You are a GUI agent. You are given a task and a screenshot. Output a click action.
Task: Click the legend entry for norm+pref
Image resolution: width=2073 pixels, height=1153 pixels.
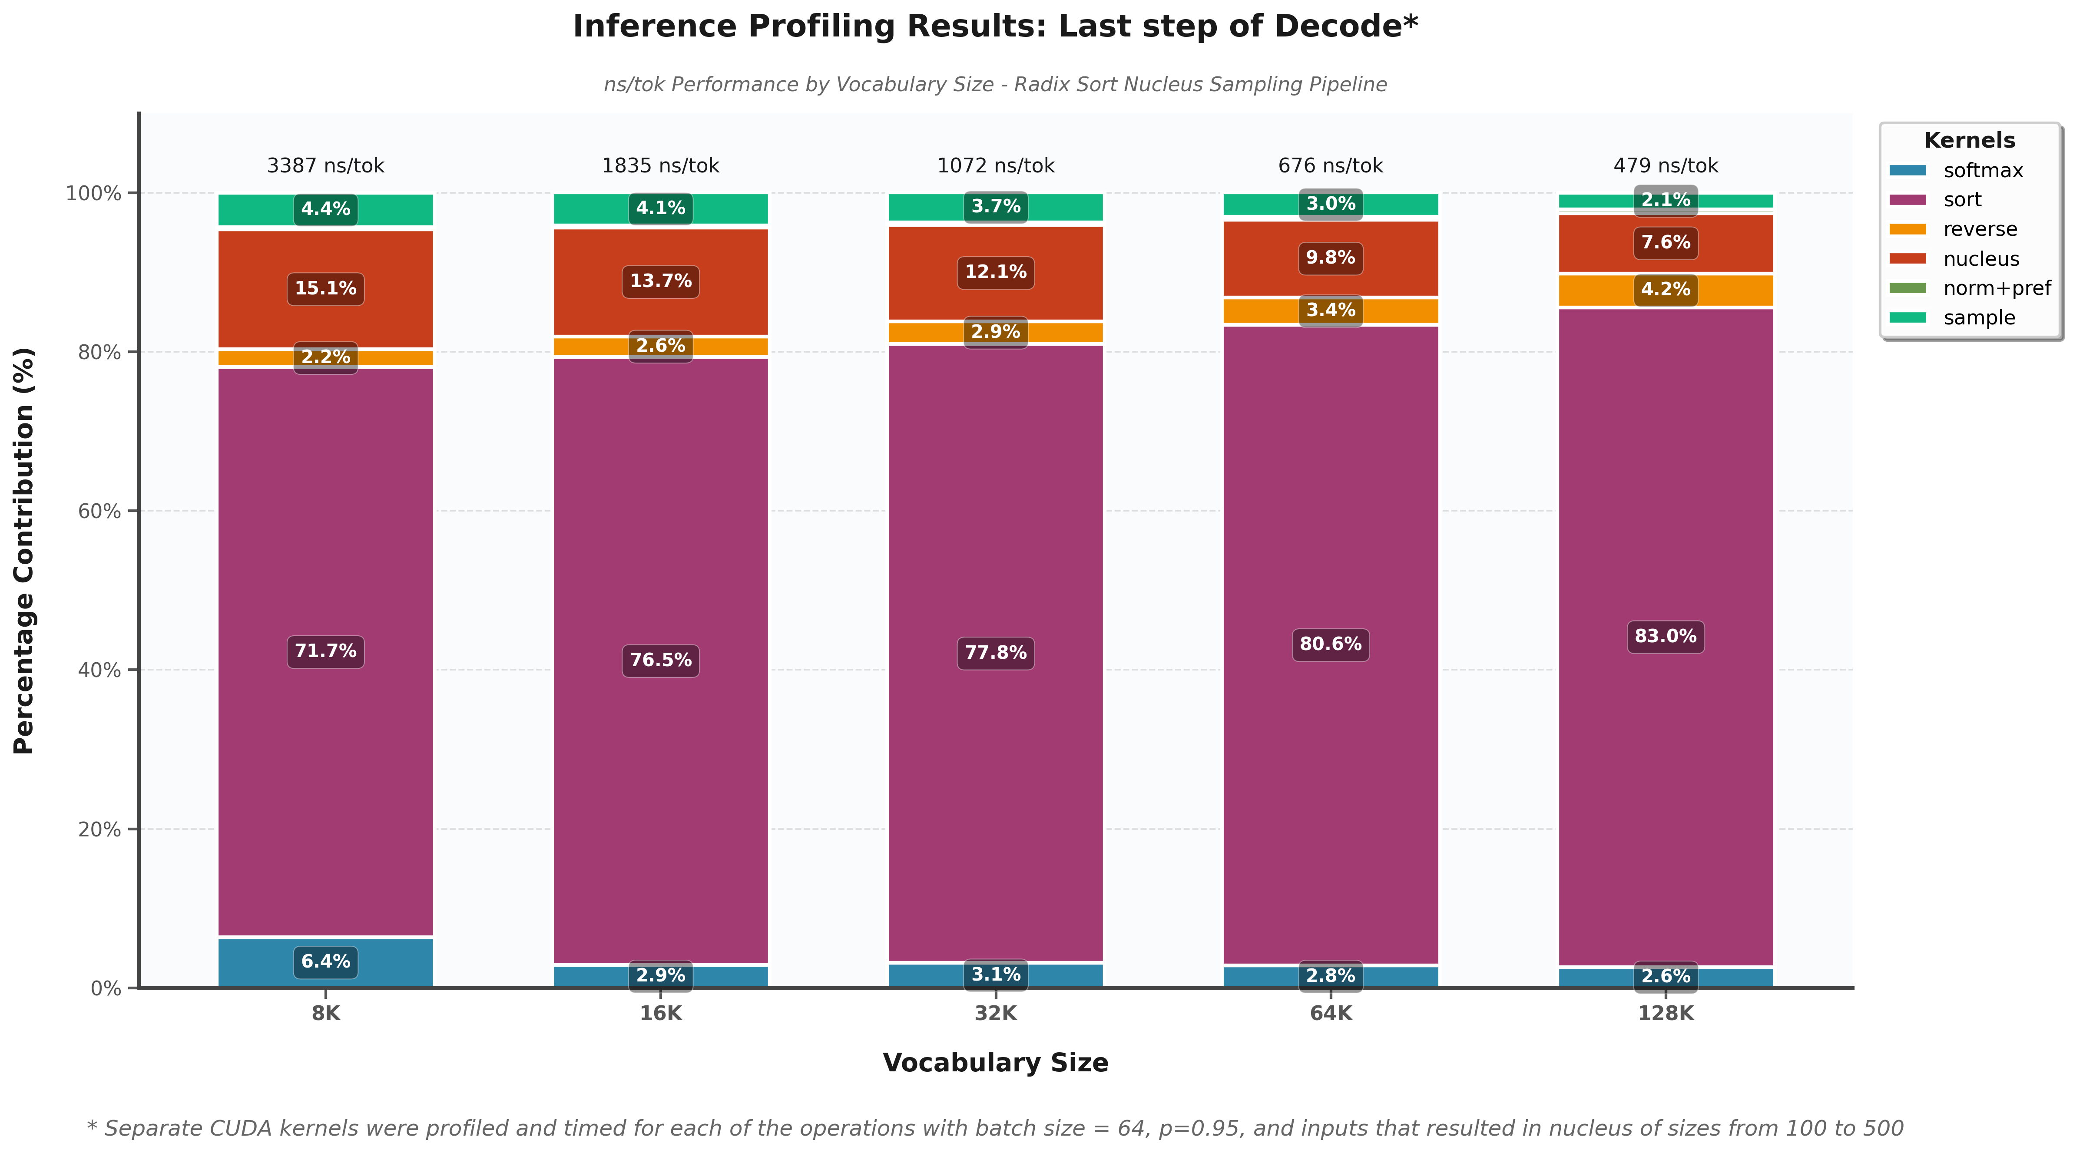click(1996, 288)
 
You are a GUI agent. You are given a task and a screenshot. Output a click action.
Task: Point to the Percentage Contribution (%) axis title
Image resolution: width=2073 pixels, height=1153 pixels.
click(24, 551)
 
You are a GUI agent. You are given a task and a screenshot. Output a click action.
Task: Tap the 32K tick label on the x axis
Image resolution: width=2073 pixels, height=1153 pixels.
click(996, 1014)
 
